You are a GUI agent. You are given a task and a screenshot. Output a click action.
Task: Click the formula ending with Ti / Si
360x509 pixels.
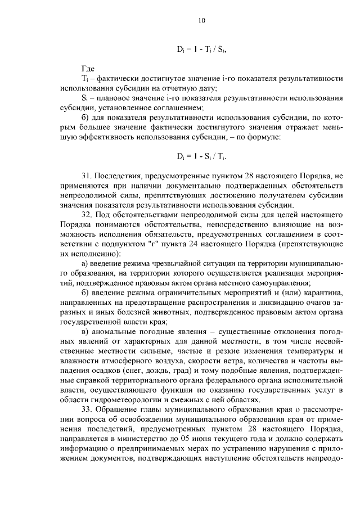point(202,49)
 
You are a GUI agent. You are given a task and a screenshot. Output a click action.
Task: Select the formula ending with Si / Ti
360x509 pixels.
point(202,155)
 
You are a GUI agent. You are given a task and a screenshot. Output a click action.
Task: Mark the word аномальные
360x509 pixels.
point(115,331)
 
